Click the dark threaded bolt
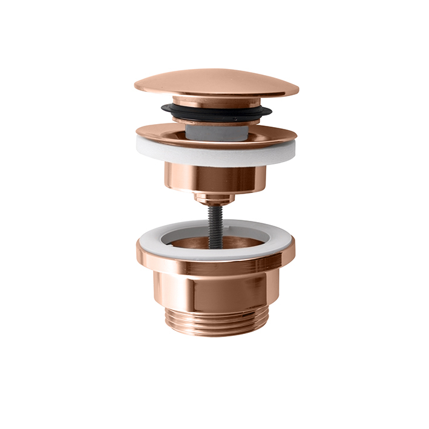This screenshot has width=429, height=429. pos(215,221)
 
